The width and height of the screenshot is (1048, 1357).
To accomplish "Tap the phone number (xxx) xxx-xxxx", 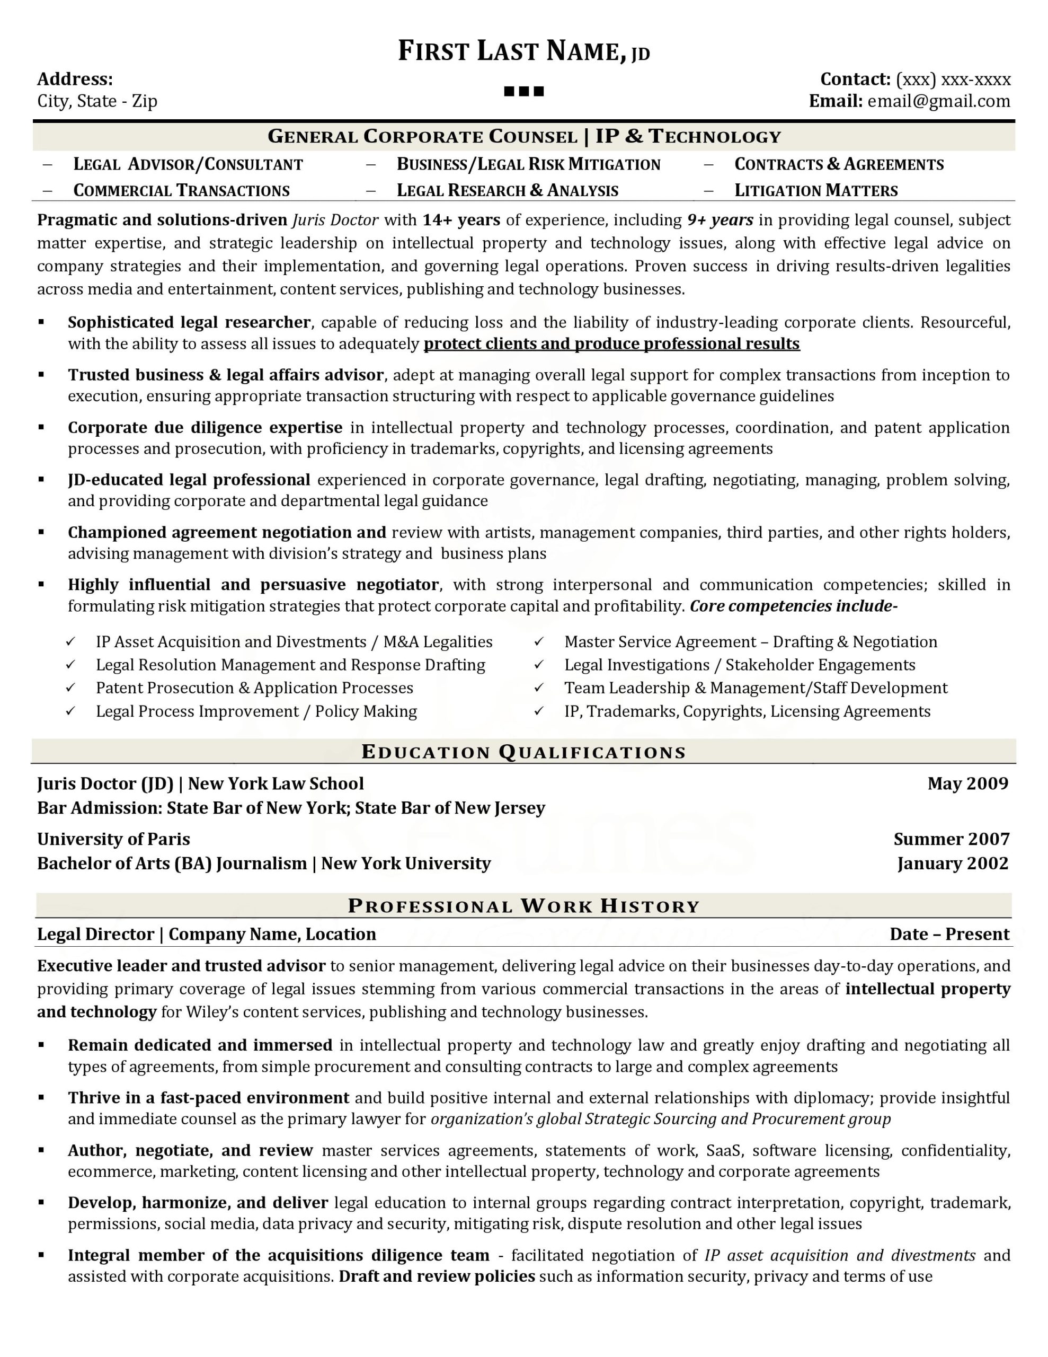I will (953, 80).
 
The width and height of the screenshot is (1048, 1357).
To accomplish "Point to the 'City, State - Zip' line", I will (97, 101).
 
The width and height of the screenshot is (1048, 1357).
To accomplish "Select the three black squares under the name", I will (523, 91).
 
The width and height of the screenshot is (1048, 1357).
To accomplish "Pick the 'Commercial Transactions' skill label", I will (181, 191).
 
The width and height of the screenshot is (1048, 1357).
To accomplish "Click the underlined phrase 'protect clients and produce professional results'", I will (611, 343).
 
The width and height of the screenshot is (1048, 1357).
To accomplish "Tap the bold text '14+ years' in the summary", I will (461, 220).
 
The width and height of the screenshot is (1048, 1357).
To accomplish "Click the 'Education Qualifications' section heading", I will (523, 752).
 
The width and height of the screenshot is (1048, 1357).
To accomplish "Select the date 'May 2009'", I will (967, 783).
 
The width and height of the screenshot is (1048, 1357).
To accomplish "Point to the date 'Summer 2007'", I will (951, 840).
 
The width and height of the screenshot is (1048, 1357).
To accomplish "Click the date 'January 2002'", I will (952, 863).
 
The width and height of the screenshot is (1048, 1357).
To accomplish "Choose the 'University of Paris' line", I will (114, 840).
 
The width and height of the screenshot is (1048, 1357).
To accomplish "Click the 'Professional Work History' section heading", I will (523, 906).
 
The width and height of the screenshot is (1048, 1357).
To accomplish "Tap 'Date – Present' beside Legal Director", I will (949, 935).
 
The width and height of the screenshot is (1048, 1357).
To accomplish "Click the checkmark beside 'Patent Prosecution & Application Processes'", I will (71, 688).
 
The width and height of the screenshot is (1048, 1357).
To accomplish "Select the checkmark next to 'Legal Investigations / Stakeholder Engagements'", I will (539, 665).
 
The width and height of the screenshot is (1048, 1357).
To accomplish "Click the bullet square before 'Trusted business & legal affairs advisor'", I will (42, 374).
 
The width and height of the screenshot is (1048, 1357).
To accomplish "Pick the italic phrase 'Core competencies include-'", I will (793, 606).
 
